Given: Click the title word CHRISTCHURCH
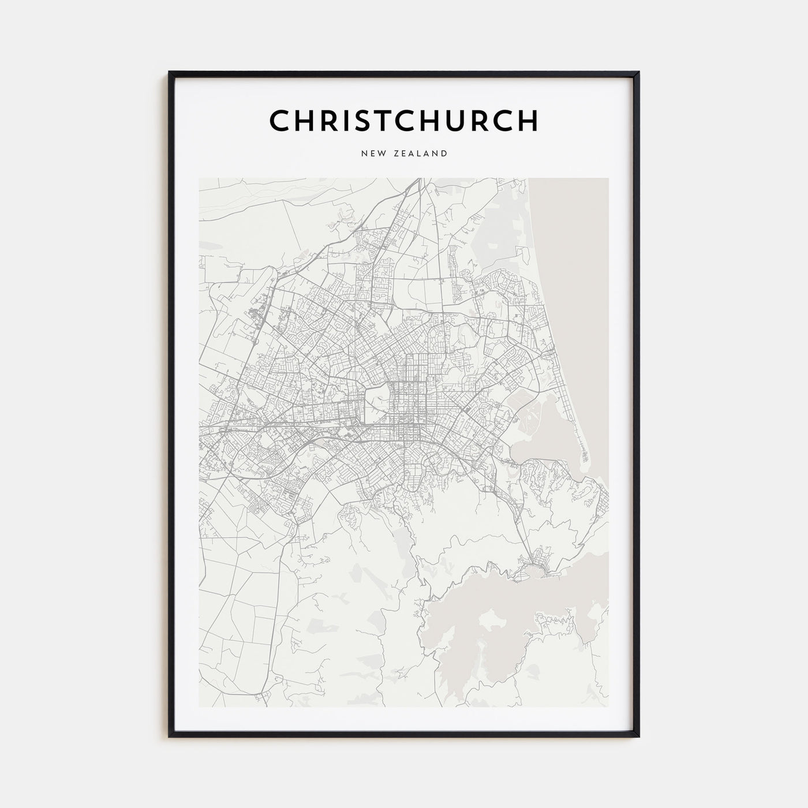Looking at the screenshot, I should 404,121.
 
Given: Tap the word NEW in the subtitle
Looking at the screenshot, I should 373,154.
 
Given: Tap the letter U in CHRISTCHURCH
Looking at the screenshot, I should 470,121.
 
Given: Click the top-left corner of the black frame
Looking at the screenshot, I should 170,73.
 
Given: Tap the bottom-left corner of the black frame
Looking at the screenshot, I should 170,736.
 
